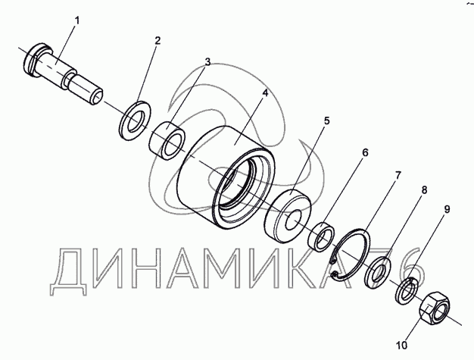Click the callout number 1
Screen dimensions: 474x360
pyautogui.click(x=77, y=21)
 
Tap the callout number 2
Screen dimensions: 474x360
pyautogui.click(x=157, y=40)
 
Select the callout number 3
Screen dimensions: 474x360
pyautogui.click(x=207, y=61)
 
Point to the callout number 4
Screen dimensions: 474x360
pyautogui.click(x=265, y=92)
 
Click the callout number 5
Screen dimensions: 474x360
pyautogui.click(x=327, y=121)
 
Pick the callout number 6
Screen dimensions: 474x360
pyautogui.click(x=366, y=152)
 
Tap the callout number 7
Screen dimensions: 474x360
pyautogui.click(x=398, y=176)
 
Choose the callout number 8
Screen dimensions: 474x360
pyautogui.click(x=425, y=190)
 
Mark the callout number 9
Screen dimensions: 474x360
pyautogui.click(x=447, y=209)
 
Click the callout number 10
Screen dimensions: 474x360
pyautogui.click(x=402, y=345)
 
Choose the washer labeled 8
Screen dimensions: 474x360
pyautogui.click(x=378, y=272)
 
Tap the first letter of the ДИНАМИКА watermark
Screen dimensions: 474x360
pyautogui.click(x=68, y=271)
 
